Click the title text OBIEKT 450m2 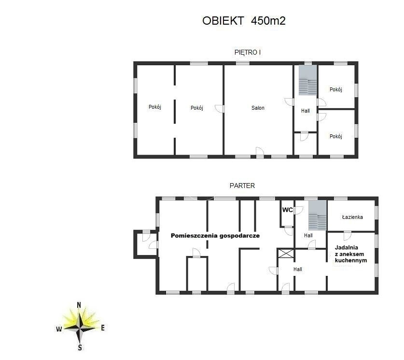point(244,21)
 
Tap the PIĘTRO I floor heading point(247,52)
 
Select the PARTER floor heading point(242,186)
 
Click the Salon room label point(258,108)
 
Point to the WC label point(287,210)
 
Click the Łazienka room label point(352,217)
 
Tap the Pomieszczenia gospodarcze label point(215,236)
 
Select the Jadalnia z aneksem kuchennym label point(351,254)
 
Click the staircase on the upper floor point(307,80)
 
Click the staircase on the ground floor point(318,216)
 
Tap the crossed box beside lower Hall point(286,253)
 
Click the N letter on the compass point(79,305)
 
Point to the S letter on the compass point(80,347)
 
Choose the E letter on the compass point(102,328)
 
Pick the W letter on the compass point(59,329)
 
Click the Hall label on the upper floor point(306,111)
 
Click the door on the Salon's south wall point(260,152)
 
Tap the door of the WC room point(298,210)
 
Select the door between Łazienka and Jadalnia point(347,236)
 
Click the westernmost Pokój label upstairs point(155,107)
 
